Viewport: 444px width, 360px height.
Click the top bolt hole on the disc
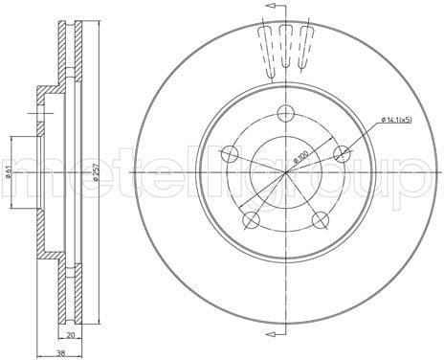[286, 113]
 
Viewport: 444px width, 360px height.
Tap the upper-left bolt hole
[230, 153]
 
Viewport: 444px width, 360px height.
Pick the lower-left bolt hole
[251, 220]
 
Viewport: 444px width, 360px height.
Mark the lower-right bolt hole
[322, 220]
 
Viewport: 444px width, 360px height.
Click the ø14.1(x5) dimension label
[396, 120]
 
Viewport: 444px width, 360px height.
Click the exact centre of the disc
[286, 171]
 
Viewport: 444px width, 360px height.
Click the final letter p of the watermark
[417, 178]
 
